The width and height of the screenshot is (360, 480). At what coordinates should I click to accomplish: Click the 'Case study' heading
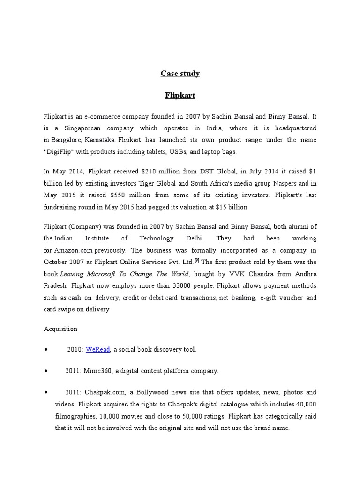(x=180, y=73)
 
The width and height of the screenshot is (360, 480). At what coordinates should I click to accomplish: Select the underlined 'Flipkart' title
(x=180, y=96)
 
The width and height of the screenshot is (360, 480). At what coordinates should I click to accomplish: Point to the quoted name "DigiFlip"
(x=58, y=152)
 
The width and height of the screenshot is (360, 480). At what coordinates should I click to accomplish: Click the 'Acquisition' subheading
(x=60, y=329)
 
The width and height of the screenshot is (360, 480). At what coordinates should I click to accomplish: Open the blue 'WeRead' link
(x=97, y=350)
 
